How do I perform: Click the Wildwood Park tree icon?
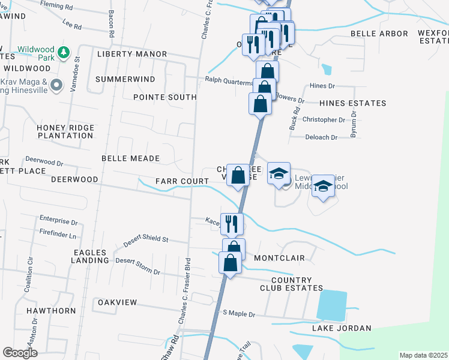(x=62, y=54)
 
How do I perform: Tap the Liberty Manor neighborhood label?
(x=132, y=54)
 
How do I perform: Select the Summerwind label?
(x=125, y=79)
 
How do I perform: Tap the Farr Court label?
(x=181, y=181)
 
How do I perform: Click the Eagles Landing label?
(x=89, y=256)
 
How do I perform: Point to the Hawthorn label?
(x=51, y=311)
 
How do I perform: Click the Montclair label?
(x=279, y=258)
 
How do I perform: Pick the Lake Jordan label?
(x=342, y=328)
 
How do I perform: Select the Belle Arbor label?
(x=379, y=34)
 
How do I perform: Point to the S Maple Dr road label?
(x=239, y=314)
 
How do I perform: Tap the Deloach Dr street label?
(x=322, y=137)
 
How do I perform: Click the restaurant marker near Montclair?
(x=232, y=224)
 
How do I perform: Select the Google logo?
(x=20, y=353)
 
